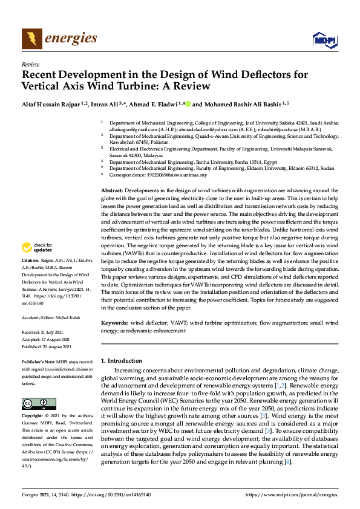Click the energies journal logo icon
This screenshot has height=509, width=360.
pyautogui.click(x=32, y=39)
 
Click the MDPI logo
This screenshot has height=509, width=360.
pyautogui.click(x=324, y=40)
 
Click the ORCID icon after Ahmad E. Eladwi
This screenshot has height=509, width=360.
pyautogui.click(x=188, y=105)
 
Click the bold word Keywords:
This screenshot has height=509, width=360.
pyautogui.click(x=115, y=323)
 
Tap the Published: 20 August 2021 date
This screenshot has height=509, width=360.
pyautogui.click(x=47, y=346)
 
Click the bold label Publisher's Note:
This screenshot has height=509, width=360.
pyautogui.click(x=39, y=361)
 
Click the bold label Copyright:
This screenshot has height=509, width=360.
pyautogui.click(x=33, y=417)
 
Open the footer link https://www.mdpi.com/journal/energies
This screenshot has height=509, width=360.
pyautogui.click(x=293, y=494)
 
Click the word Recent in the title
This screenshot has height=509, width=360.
pyautogui.click(x=45, y=75)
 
